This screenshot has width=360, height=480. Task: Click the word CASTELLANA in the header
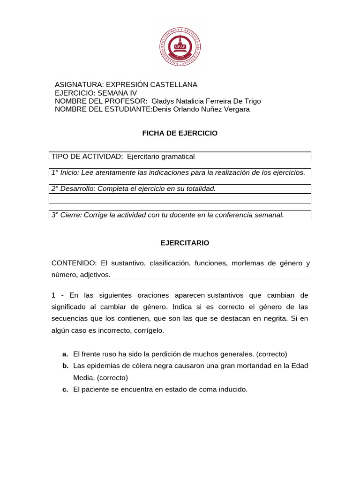coord(173,84)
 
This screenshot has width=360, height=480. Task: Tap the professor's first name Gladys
coord(163,101)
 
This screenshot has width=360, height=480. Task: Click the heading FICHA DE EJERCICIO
coord(180,133)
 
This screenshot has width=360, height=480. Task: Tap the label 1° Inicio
coord(65,172)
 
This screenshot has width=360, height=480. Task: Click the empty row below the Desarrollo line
coord(180,198)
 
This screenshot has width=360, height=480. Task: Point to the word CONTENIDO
coord(74,263)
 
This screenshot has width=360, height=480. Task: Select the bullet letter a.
coord(65,354)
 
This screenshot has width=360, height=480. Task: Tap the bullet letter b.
coord(65,366)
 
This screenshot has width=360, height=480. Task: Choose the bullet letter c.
coord(65,390)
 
